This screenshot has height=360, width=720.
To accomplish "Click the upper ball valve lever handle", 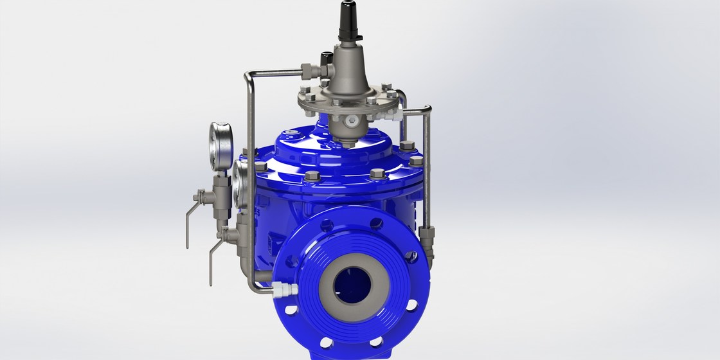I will pos(187,219).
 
